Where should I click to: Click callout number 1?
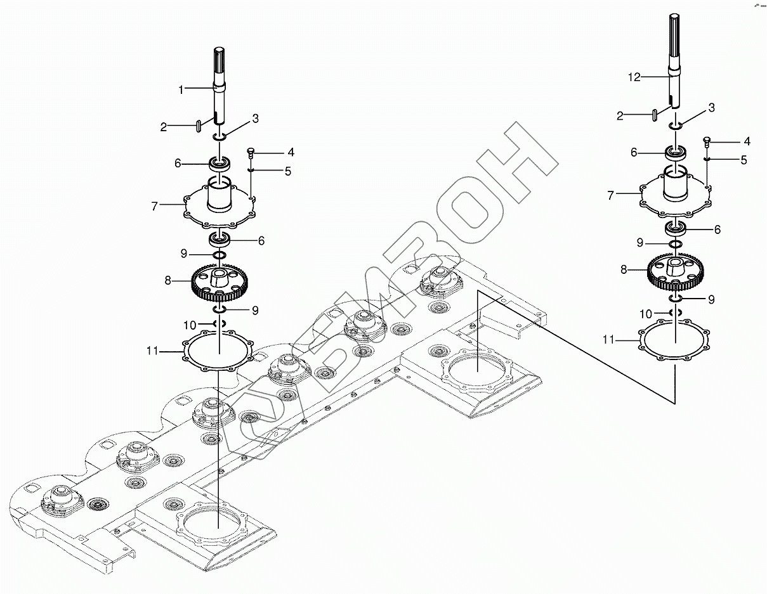point(181,90)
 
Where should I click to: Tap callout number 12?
point(634,77)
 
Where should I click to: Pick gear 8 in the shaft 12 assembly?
point(676,269)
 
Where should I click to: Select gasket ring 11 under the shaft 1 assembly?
point(219,351)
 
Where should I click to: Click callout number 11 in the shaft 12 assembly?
point(608,340)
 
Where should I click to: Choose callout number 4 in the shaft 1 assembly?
point(291,153)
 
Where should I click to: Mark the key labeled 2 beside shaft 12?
point(655,114)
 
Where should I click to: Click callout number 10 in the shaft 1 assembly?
point(190,325)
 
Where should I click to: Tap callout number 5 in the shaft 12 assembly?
point(744,160)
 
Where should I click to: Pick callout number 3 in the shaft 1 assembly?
point(255,119)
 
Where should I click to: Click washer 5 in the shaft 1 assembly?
point(251,170)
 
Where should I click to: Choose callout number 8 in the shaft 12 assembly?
point(624,270)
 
